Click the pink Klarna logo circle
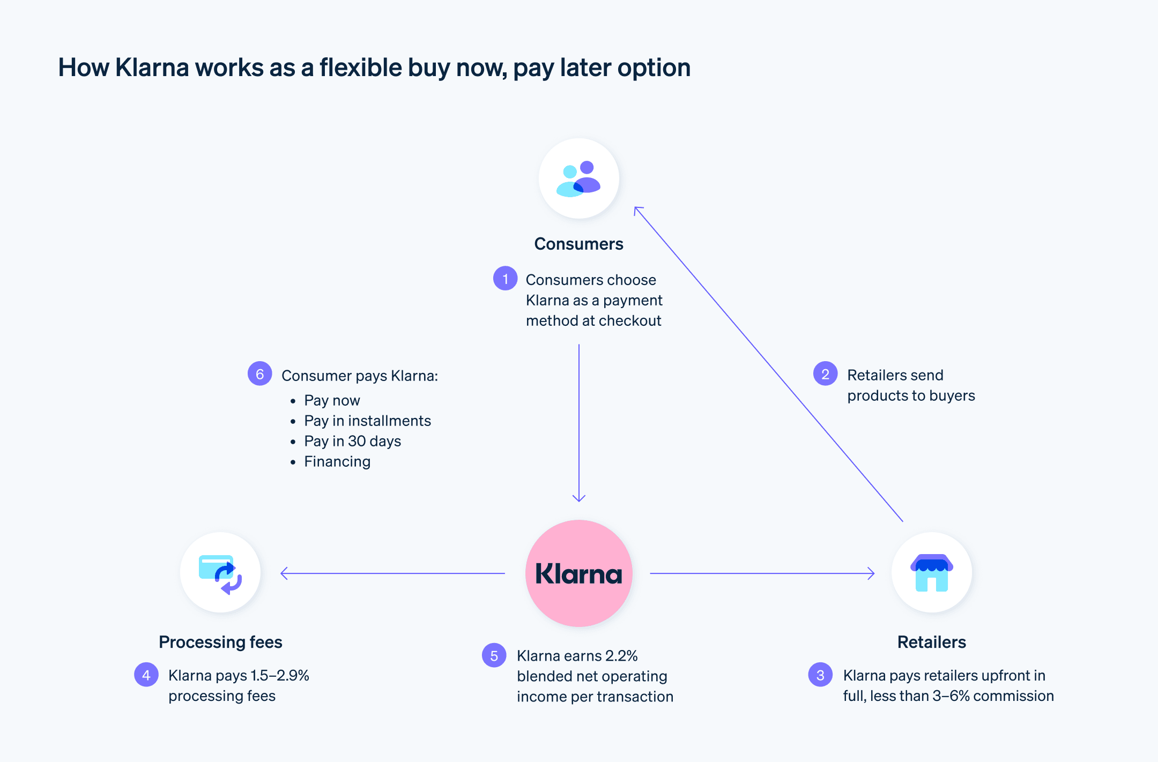(x=579, y=573)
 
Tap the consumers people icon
(x=579, y=178)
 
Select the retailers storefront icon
(x=932, y=572)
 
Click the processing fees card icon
(x=220, y=572)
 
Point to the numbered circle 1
(x=505, y=279)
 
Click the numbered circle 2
(x=825, y=374)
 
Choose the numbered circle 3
(x=820, y=675)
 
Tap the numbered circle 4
(x=146, y=675)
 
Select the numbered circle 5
(x=494, y=655)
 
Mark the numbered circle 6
(x=259, y=374)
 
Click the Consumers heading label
(x=579, y=244)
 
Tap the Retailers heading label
(x=932, y=642)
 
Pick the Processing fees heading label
(x=220, y=642)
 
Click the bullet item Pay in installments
(x=367, y=421)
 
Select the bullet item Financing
(x=337, y=461)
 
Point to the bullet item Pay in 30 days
(x=352, y=441)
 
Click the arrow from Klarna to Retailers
(x=761, y=573)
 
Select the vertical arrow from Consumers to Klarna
(x=579, y=423)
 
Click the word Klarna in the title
(x=152, y=68)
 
